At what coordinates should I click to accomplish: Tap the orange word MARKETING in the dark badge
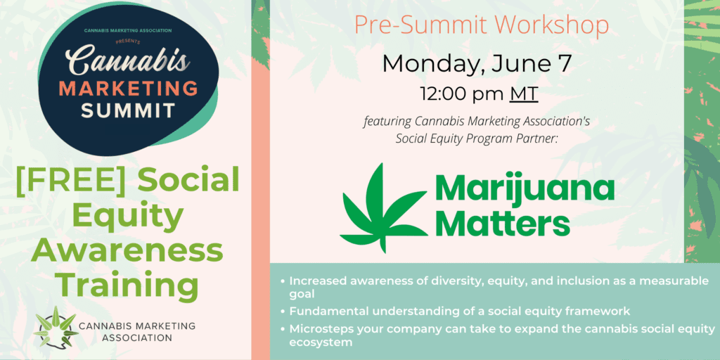(x=128, y=89)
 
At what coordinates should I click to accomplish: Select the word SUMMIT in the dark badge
(x=128, y=110)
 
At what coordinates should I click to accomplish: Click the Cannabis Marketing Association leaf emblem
(x=56, y=327)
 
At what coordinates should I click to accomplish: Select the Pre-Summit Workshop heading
(x=482, y=26)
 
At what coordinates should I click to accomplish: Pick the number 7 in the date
(x=564, y=64)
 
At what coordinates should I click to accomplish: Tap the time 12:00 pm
(x=463, y=94)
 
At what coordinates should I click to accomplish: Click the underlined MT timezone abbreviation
(x=523, y=94)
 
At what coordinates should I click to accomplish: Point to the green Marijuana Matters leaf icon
(x=383, y=209)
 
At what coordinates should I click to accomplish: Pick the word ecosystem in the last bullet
(x=321, y=343)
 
